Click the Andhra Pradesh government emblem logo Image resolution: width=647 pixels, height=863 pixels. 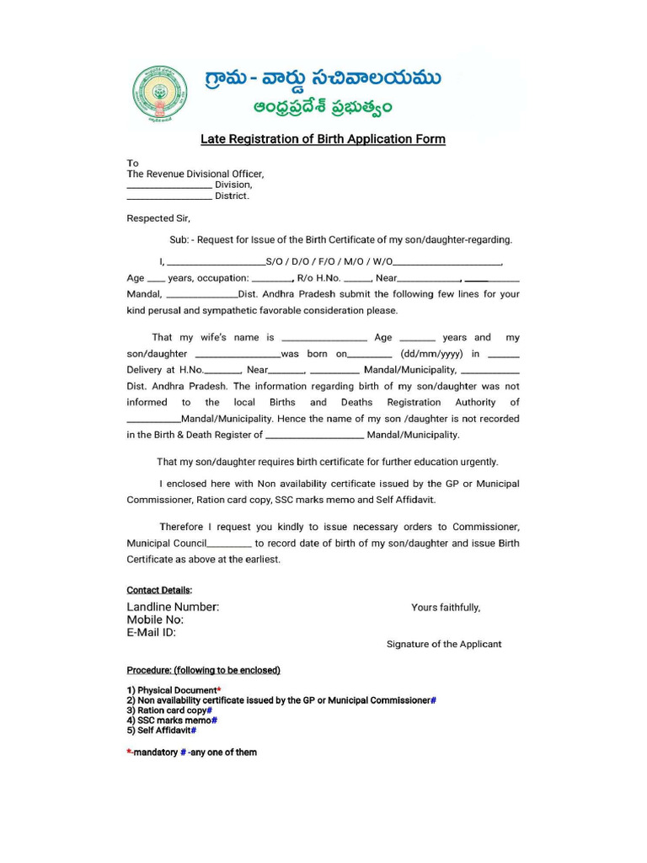(161, 95)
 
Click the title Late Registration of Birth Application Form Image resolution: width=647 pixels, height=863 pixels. (323, 139)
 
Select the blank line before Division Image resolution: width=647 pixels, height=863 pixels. (168, 186)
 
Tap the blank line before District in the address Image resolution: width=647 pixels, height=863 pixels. (168, 197)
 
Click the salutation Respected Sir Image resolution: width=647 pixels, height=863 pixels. (158, 218)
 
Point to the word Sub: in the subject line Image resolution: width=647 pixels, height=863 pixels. (179, 240)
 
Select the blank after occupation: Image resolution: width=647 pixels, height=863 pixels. (271, 279)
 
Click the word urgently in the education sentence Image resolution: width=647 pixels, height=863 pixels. (478, 462)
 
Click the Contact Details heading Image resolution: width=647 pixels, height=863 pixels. (159, 590)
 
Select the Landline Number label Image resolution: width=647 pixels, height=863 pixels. (173, 607)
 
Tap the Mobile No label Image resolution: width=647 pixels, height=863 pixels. (155, 619)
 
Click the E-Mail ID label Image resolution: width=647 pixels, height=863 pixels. (152, 632)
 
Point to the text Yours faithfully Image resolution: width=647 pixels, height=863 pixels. (446, 608)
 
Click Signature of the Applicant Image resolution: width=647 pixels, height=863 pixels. (444, 644)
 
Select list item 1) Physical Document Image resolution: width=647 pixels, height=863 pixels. (172, 690)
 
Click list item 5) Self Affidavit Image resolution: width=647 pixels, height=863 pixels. (159, 731)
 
